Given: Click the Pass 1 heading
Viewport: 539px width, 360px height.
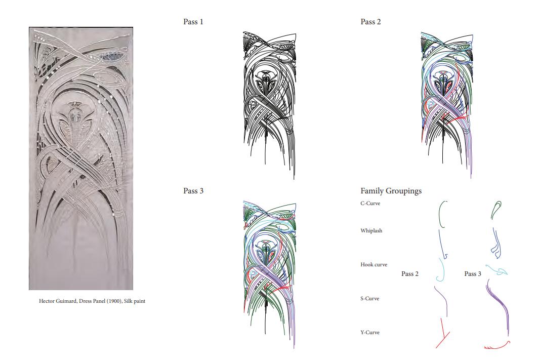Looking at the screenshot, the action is coord(193,22).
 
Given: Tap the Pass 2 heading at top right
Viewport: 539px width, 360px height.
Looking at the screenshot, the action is coord(370,22).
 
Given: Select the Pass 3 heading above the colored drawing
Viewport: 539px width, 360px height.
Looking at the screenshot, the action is coord(193,191).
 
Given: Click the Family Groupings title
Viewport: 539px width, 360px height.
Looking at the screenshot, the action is coord(391,191).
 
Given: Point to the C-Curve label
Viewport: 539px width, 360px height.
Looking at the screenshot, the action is coord(370,204).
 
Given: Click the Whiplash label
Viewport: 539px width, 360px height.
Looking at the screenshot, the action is coord(371,231).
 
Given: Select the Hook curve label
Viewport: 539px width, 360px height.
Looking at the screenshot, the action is coord(374,265).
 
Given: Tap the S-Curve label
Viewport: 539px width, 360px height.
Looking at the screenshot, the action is coord(370,299).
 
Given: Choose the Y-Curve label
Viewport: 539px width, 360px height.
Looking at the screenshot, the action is coord(370,333).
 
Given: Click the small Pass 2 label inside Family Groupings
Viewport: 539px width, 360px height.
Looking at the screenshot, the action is coord(410,274).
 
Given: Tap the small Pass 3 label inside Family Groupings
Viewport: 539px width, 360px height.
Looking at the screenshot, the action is coord(473,274).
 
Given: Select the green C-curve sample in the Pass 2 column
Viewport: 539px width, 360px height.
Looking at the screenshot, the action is coord(441,214).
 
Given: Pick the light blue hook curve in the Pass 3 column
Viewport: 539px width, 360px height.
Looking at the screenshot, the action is coord(496,270).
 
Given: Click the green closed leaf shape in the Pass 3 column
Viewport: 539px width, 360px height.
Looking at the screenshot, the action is coord(496,210).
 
